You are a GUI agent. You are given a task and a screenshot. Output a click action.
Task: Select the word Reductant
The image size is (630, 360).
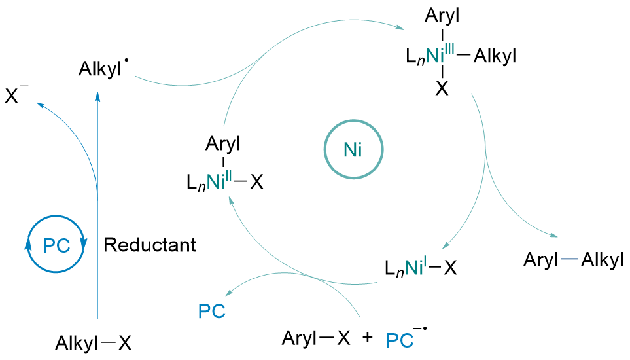[150, 245]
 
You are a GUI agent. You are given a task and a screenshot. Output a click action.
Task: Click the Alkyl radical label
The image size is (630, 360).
[101, 69]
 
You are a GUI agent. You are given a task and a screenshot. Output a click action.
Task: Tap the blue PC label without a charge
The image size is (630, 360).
[211, 311]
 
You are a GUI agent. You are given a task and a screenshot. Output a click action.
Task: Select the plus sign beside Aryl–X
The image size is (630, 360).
[368, 338]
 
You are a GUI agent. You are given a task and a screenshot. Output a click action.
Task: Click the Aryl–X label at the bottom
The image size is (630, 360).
[317, 338]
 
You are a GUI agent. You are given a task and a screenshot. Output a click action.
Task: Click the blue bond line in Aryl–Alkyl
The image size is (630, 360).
[570, 261]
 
